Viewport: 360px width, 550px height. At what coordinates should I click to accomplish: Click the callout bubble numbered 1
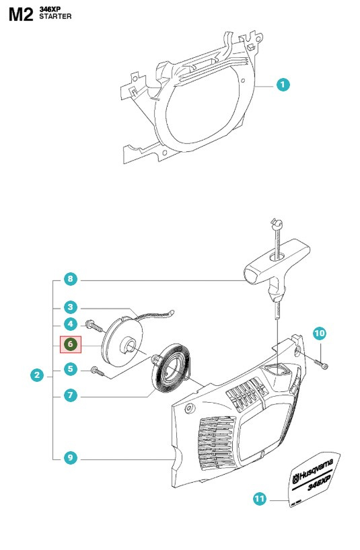point(283,85)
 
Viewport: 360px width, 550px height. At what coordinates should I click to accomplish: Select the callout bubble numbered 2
point(38,375)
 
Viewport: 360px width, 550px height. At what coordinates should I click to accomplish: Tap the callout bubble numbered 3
point(71,307)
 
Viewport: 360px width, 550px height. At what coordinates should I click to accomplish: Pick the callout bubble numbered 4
point(71,325)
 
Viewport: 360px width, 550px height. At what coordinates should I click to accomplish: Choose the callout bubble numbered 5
point(71,368)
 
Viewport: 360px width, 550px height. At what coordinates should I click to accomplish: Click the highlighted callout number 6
point(71,344)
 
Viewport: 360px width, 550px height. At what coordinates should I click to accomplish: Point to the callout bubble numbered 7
point(71,395)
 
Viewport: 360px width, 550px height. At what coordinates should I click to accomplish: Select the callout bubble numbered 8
point(71,279)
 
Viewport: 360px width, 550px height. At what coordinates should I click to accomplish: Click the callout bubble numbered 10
point(320,333)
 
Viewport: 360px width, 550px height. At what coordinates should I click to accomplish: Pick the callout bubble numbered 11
point(259,499)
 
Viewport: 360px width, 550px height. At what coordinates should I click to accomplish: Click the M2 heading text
point(21,15)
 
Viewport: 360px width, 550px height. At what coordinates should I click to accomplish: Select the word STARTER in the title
point(57,19)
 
